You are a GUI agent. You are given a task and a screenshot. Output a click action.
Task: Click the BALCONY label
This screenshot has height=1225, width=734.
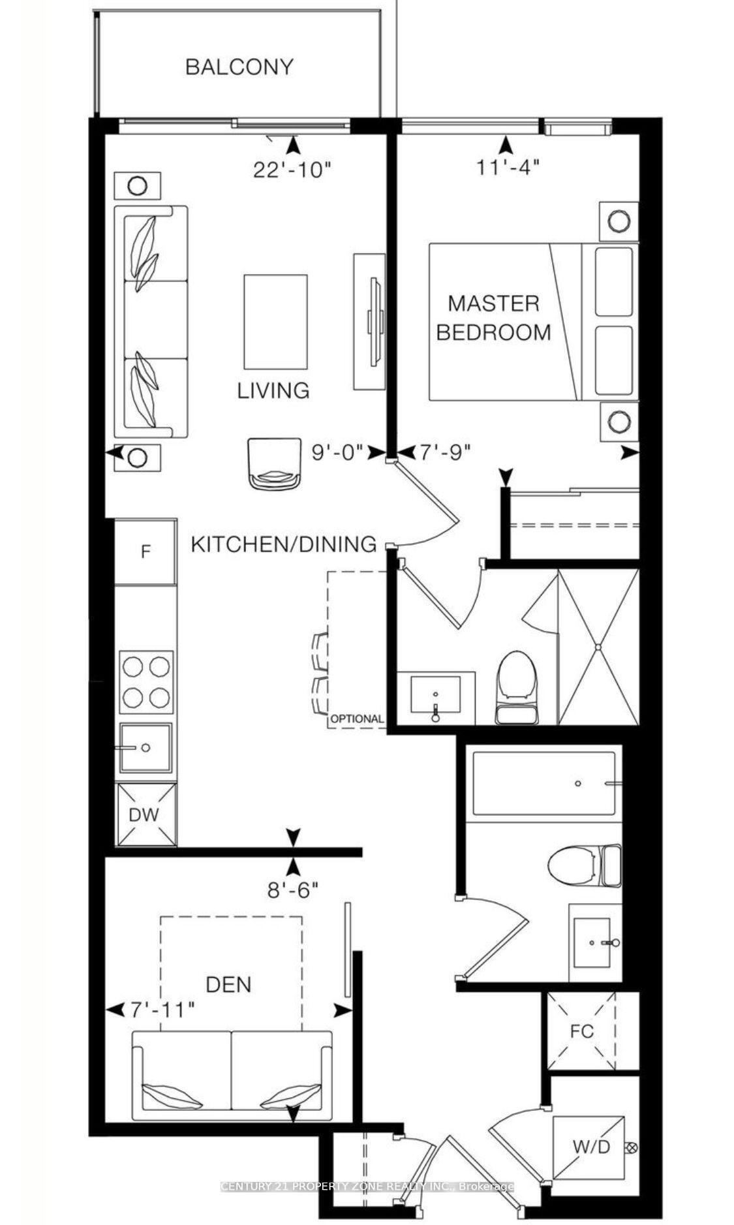coord(239,67)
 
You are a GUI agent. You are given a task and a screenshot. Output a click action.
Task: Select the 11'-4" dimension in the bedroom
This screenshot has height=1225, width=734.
coord(507,168)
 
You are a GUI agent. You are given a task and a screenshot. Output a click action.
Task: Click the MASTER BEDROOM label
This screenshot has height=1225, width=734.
coord(493,318)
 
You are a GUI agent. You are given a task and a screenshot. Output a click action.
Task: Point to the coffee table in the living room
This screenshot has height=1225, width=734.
coord(275,321)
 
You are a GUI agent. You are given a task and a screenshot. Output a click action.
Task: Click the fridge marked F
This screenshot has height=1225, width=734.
coord(145,551)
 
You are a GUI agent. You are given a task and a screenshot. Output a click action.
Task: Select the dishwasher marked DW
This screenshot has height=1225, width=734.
coord(145,814)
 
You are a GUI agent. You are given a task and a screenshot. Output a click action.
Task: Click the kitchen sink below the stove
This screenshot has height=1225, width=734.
coord(145,748)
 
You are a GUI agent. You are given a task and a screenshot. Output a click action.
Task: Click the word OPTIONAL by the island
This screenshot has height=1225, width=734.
coord(357,719)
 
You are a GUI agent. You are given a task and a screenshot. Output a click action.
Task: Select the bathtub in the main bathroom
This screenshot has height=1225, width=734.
coord(543,783)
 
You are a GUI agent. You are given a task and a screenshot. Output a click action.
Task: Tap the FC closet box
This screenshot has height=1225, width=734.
coord(581,1031)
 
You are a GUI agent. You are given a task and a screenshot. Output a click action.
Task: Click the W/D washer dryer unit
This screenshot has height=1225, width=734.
coord(591,1146)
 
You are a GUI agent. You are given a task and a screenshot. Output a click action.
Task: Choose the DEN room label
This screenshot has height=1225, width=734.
coord(228,984)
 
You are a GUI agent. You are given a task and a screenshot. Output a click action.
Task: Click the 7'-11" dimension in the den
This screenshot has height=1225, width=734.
coord(161,1010)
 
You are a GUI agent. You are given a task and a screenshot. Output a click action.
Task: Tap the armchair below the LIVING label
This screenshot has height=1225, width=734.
coord(275,463)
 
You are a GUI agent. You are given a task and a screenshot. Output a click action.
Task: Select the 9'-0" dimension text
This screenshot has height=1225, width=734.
coord(336,452)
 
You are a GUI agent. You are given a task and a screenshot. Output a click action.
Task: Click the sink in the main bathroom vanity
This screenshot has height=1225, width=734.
coord(593,942)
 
